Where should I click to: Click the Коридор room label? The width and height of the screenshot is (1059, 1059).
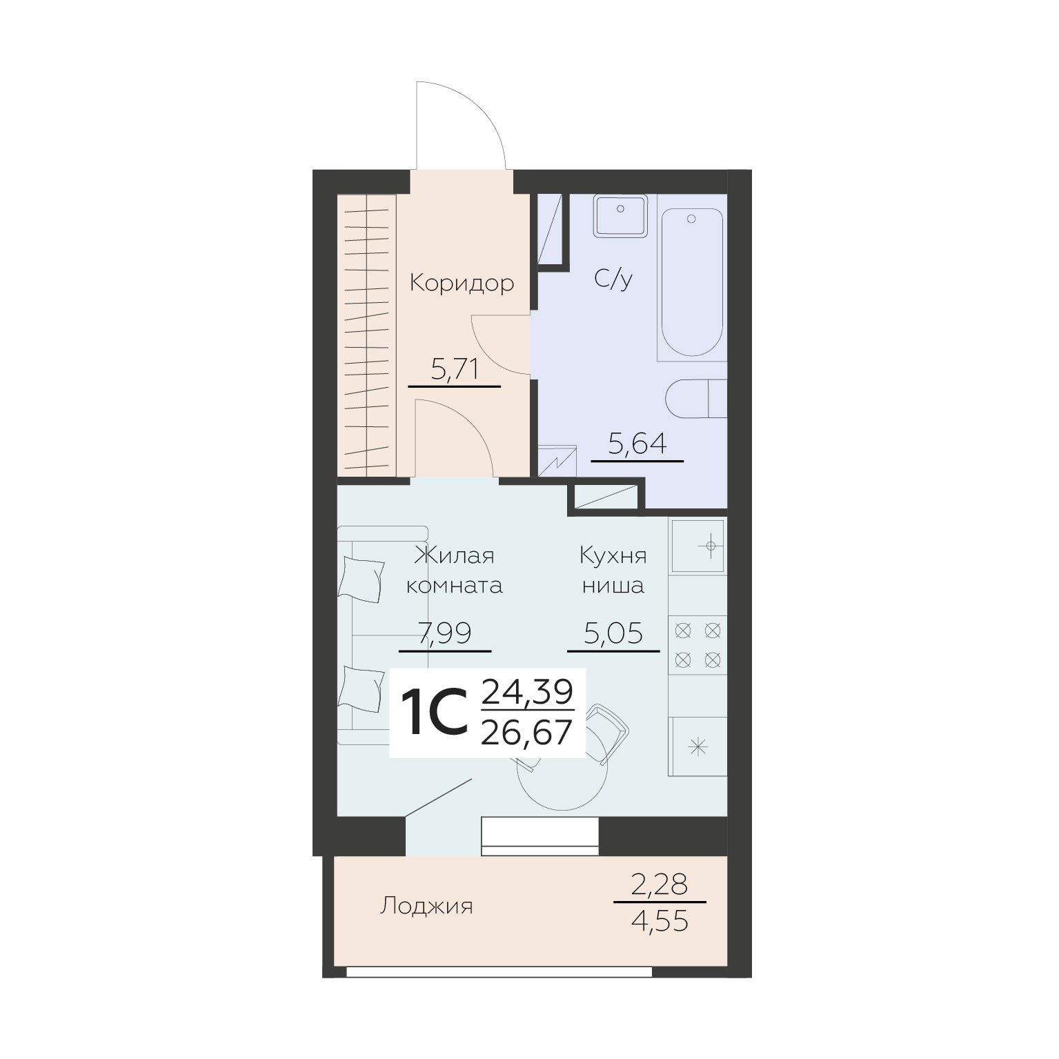[x=462, y=283]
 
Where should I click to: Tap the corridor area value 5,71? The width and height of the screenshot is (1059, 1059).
[x=455, y=370]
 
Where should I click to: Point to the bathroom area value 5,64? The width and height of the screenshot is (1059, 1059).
[x=637, y=443]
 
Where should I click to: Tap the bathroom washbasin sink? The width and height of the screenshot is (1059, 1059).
[x=620, y=217]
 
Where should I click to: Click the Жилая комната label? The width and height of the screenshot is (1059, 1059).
[x=454, y=571]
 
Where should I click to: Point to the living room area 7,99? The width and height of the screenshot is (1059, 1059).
[x=445, y=633]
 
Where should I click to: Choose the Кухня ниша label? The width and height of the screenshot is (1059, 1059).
[x=613, y=571]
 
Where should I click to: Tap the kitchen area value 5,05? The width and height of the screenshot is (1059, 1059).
[x=613, y=633]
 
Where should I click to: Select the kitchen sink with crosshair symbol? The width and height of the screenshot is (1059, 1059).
[x=698, y=546]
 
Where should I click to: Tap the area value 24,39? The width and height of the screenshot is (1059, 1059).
[x=528, y=691]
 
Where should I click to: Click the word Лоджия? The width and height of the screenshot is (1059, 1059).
[x=426, y=906]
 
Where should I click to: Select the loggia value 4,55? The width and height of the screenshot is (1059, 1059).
[x=660, y=922]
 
